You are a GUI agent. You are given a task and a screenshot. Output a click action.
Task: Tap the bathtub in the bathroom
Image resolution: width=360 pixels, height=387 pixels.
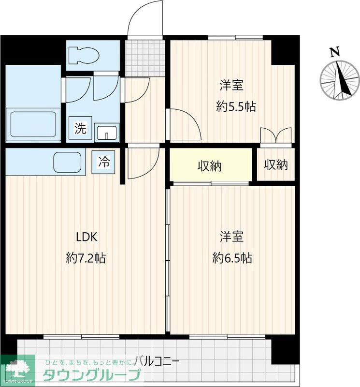33,124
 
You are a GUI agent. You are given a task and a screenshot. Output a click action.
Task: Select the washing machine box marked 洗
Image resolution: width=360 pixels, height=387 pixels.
80,128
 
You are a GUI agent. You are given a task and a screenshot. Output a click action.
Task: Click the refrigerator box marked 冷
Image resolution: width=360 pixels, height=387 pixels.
103,162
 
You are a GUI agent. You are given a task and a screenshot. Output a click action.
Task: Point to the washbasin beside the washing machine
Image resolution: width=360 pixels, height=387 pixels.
106,133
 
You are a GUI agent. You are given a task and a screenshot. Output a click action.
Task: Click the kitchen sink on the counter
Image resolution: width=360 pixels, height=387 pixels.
67,162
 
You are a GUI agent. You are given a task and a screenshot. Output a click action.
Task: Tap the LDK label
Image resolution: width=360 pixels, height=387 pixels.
86,237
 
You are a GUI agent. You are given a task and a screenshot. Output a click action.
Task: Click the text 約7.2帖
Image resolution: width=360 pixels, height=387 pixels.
86,258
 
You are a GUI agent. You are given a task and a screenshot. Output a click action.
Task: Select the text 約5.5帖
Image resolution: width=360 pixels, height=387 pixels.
236,106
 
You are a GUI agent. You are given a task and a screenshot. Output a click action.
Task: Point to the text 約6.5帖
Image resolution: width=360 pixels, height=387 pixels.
232,258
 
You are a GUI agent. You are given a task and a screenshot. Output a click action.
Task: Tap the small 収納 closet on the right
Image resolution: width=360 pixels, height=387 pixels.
276,164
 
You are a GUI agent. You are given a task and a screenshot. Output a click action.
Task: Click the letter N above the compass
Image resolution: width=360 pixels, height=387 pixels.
335,52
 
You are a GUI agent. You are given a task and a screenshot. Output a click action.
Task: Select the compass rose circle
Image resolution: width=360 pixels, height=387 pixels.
340,80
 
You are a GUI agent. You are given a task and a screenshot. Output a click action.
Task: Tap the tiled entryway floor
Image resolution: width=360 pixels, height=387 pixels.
145,58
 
